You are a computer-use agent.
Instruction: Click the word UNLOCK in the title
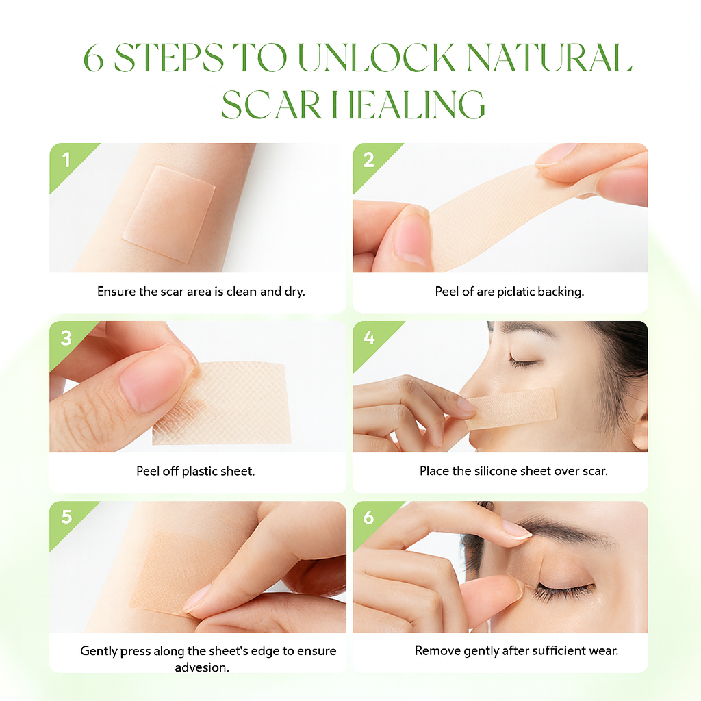coord(377,58)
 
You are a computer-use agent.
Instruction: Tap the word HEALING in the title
coord(408,105)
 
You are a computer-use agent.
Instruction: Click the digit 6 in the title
coord(94,58)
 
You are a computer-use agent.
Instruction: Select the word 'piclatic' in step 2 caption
coord(516,292)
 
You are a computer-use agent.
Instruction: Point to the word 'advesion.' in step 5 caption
coord(202,667)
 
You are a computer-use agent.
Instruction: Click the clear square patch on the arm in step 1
coord(169,213)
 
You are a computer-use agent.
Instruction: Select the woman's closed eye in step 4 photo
coord(525,360)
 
